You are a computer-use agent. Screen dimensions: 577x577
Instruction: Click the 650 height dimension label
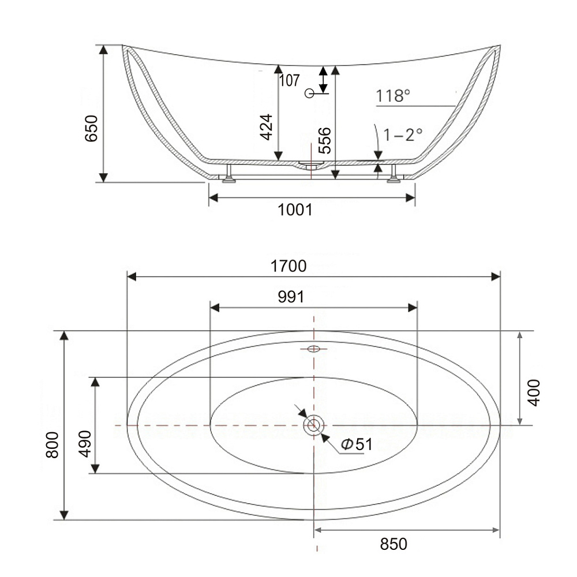click(x=91, y=129)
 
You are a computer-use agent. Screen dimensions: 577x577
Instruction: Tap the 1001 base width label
click(x=295, y=210)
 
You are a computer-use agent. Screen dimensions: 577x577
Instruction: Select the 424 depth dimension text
click(x=266, y=128)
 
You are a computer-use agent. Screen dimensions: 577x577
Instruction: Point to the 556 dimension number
click(x=324, y=141)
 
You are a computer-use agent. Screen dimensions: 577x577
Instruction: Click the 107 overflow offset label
click(x=289, y=81)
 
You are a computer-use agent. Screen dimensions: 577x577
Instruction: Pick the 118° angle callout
click(x=392, y=96)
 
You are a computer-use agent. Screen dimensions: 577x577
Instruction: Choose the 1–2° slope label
click(x=403, y=134)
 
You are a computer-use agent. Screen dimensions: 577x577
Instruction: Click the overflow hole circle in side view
click(x=309, y=93)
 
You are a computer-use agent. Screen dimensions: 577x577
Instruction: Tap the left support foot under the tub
click(x=229, y=174)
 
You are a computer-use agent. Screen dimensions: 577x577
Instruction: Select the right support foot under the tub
click(x=394, y=174)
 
